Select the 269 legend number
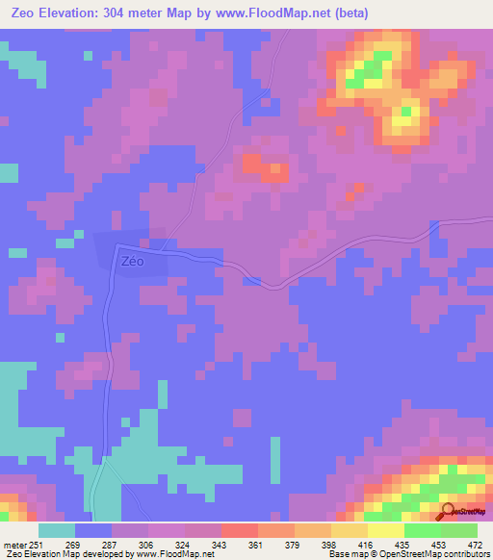(x=72, y=546)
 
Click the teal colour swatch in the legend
(x=57, y=530)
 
